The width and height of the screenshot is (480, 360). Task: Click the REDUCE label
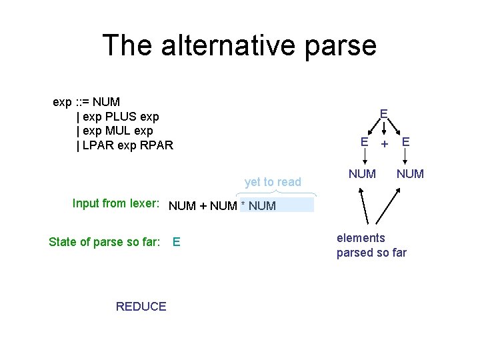tap(141, 307)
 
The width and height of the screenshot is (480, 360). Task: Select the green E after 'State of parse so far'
tap(176, 242)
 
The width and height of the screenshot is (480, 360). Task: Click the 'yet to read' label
tap(273, 181)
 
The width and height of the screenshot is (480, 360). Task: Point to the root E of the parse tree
tap(384, 114)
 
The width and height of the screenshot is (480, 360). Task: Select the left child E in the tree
tap(364, 141)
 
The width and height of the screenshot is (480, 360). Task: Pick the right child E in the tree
tap(405, 141)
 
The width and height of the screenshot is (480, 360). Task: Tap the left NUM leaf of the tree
tap(362, 174)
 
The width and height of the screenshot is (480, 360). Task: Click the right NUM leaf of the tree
tap(410, 174)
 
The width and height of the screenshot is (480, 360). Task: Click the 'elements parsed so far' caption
tap(371, 245)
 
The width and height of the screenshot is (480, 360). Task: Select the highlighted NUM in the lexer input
tap(262, 206)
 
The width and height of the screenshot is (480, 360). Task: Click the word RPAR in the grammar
tap(157, 145)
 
